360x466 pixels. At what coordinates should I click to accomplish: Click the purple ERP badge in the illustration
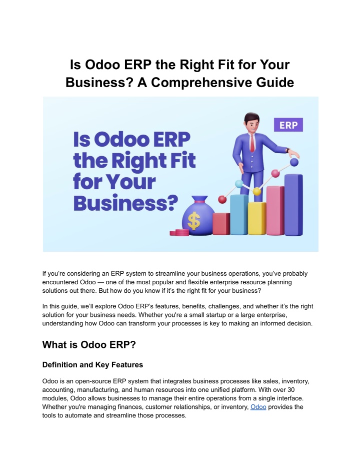point(288,125)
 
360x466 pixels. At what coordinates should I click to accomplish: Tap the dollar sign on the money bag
point(194,221)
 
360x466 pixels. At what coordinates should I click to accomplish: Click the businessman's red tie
point(252,143)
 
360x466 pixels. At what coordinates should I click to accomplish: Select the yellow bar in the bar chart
point(256,218)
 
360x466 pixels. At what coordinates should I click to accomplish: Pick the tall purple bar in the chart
point(293,205)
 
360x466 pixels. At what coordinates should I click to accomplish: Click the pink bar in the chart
point(275,210)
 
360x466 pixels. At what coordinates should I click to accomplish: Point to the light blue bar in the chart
point(239,214)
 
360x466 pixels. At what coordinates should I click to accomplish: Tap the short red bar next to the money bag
point(221,224)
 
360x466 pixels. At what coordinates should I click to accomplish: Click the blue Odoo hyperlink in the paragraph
point(258,407)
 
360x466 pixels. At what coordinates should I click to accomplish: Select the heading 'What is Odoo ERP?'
point(89,345)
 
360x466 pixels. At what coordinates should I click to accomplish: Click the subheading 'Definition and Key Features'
point(92,365)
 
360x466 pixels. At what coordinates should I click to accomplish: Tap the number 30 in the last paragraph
point(291,389)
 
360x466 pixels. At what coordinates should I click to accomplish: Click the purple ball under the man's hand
point(294,162)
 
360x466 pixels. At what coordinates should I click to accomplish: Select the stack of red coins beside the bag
point(179,233)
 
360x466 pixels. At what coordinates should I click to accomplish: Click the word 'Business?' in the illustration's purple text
point(125,203)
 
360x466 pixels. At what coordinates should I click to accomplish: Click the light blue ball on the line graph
point(239,184)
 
